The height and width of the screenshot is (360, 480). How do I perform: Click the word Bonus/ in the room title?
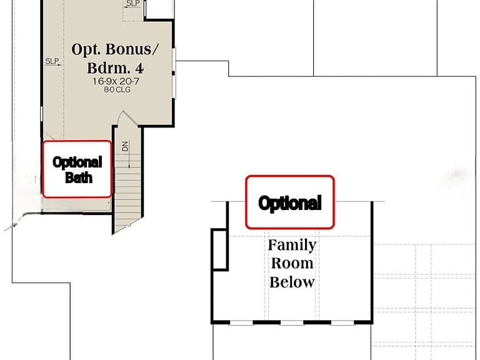[132, 49]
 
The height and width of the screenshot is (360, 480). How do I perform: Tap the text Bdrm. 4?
[115, 68]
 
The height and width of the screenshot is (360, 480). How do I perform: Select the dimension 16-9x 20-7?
[116, 81]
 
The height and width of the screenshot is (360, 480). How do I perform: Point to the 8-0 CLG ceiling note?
[117, 90]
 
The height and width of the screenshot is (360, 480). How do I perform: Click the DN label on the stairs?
[125, 146]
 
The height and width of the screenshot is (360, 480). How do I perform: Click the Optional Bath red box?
[77, 169]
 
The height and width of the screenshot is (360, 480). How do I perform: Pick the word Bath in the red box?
[79, 178]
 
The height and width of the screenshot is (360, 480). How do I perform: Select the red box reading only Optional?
[289, 202]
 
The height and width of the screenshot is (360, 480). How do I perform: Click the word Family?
[292, 245]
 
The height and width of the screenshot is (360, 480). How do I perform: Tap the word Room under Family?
[292, 263]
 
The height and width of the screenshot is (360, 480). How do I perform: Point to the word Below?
[292, 282]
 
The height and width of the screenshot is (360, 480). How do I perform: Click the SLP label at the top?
[133, 3]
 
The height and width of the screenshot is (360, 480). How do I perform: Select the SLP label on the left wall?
[52, 61]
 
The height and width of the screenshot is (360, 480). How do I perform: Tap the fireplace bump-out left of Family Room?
[219, 249]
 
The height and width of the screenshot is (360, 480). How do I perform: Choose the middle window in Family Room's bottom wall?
[292, 322]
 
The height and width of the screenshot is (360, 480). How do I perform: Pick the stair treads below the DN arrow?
[128, 199]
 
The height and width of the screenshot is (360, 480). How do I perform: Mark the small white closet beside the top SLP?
[159, 9]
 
